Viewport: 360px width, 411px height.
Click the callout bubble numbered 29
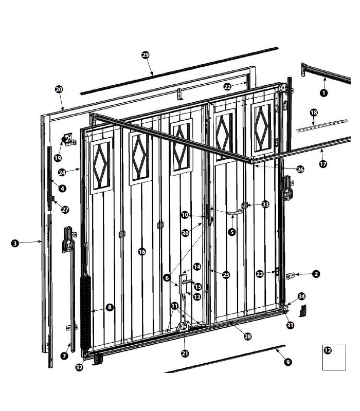click(x=146, y=55)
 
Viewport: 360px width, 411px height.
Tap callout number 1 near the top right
click(x=324, y=93)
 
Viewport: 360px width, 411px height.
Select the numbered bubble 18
click(x=314, y=113)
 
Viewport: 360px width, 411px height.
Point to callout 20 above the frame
click(x=59, y=89)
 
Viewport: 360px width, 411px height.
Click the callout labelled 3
click(x=15, y=243)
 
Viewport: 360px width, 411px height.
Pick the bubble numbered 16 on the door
click(x=142, y=252)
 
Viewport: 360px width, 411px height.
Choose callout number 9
click(x=288, y=362)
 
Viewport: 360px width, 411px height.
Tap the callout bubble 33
click(x=265, y=204)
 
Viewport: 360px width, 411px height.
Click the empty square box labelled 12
click(x=334, y=357)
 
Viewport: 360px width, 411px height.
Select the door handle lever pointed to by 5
click(x=235, y=213)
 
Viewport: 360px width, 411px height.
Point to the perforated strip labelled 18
click(x=322, y=126)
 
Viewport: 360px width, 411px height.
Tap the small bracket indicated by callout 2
click(x=290, y=276)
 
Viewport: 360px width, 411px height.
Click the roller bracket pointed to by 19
click(x=68, y=140)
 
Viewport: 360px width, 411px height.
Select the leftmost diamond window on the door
click(x=101, y=166)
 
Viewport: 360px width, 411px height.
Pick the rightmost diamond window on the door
click(x=263, y=128)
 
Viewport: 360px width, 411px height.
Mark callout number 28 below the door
click(x=247, y=337)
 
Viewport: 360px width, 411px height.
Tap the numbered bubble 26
click(x=300, y=170)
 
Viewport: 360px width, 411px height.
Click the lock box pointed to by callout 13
click(x=183, y=284)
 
